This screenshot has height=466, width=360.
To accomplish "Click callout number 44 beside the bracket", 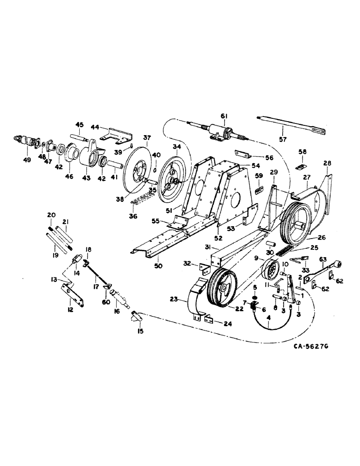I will [x=95, y=127].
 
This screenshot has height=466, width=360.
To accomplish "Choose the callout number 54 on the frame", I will [x=243, y=166].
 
